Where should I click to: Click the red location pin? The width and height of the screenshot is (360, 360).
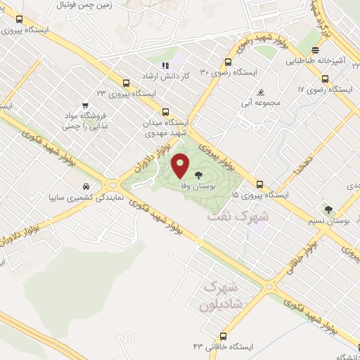(x=181, y=165)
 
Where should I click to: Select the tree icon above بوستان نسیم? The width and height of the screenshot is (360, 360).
(x=329, y=209)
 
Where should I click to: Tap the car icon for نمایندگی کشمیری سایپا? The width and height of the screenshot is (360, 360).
(x=85, y=187)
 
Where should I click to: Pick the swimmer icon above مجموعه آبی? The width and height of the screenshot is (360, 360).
(x=261, y=92)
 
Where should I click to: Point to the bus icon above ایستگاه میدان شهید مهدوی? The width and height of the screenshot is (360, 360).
(x=166, y=111)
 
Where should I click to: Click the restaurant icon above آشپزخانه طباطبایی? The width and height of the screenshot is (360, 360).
(x=316, y=50)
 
